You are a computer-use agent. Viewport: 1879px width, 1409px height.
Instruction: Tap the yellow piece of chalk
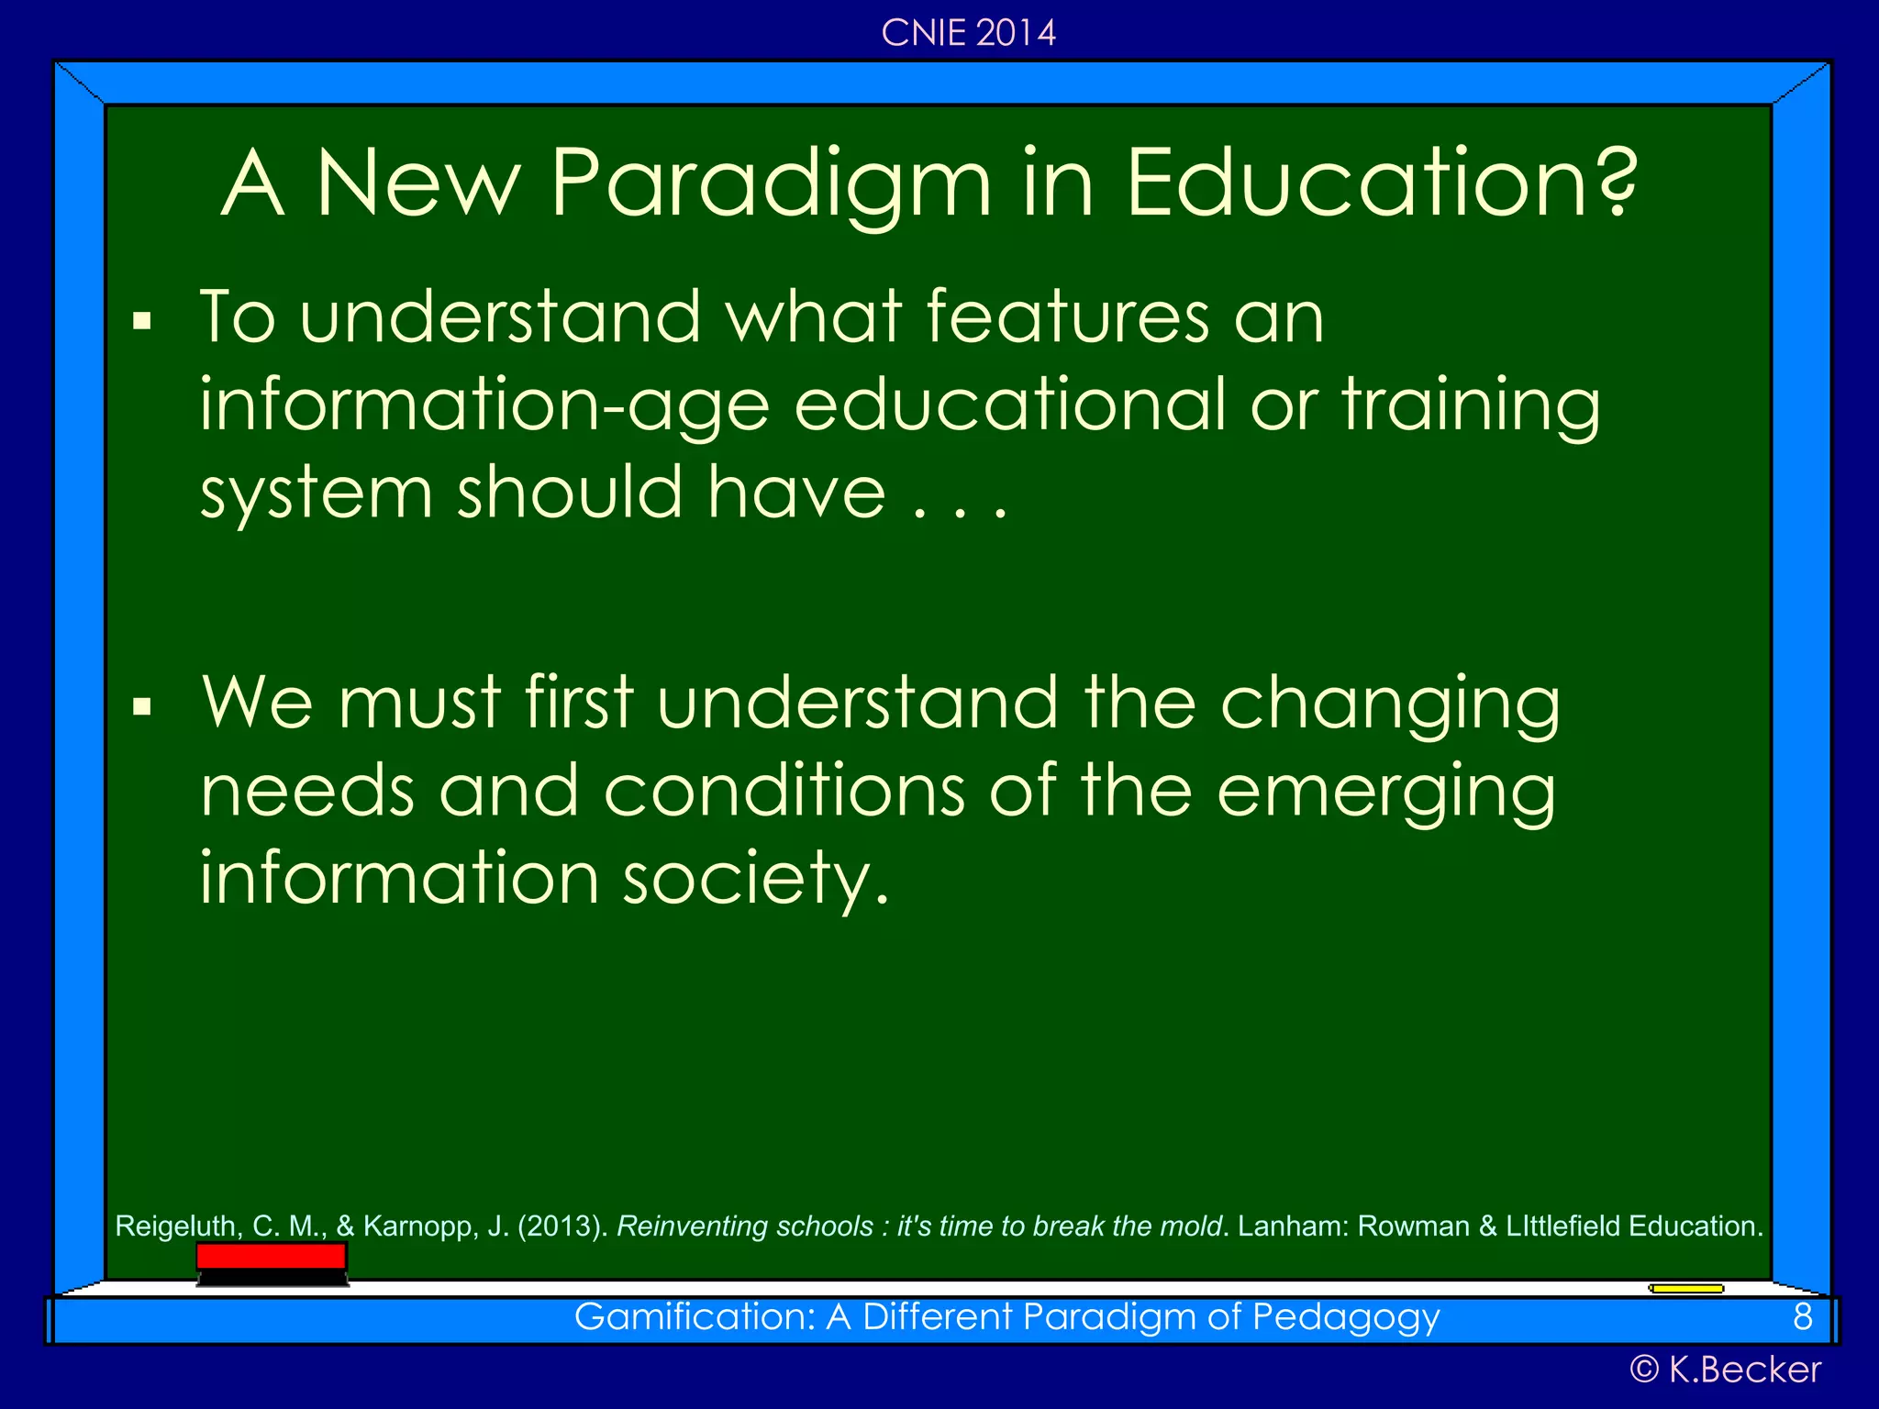(x=1685, y=1289)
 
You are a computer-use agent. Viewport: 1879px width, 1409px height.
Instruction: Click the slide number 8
(x=1802, y=1317)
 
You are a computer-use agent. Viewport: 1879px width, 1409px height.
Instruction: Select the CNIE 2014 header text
(x=968, y=34)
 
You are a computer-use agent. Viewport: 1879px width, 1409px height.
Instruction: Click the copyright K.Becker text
(x=1725, y=1370)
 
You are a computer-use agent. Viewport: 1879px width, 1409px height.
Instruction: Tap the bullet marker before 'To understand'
(x=141, y=321)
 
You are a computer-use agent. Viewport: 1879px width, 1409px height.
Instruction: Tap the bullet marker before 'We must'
(x=141, y=706)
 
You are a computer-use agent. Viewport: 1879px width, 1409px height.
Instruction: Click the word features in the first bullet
(x=1067, y=316)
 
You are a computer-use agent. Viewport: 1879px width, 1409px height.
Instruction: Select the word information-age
(x=484, y=405)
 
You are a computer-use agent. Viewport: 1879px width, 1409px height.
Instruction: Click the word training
(x=1472, y=405)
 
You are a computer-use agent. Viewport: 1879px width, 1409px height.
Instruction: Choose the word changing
(x=1389, y=704)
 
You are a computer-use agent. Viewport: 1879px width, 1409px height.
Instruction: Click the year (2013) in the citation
(x=561, y=1226)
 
